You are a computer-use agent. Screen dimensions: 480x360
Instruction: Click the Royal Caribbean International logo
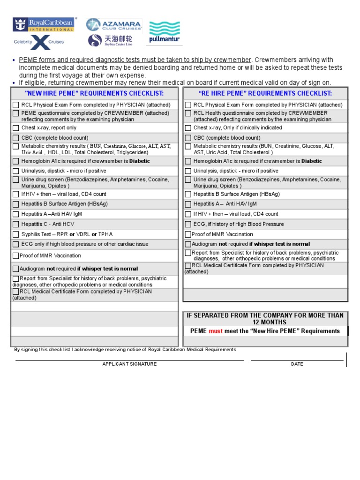(44, 24)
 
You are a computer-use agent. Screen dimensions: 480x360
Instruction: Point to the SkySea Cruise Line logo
(110, 41)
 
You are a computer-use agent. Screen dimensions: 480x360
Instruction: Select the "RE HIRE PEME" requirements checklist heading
(265, 94)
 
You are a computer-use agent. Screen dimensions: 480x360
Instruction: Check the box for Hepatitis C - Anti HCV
(16, 224)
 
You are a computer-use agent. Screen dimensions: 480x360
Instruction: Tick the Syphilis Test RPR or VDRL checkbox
(16, 234)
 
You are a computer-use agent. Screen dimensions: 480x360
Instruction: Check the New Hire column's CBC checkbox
(16, 138)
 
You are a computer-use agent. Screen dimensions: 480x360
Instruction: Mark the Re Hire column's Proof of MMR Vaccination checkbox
(188, 234)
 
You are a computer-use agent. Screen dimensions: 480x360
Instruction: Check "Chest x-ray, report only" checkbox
(16, 128)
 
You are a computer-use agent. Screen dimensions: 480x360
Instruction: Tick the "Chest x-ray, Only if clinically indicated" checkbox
(188, 128)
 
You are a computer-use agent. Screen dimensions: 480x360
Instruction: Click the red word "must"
(216, 331)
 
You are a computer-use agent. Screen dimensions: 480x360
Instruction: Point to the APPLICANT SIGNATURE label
(129, 364)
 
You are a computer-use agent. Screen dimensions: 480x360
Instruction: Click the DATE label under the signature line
(297, 364)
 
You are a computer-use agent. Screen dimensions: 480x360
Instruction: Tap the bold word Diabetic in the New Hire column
(140, 161)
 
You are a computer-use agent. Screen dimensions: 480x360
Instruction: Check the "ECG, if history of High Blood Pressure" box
(188, 224)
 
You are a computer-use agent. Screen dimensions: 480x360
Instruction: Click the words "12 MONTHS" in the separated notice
(265, 322)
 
